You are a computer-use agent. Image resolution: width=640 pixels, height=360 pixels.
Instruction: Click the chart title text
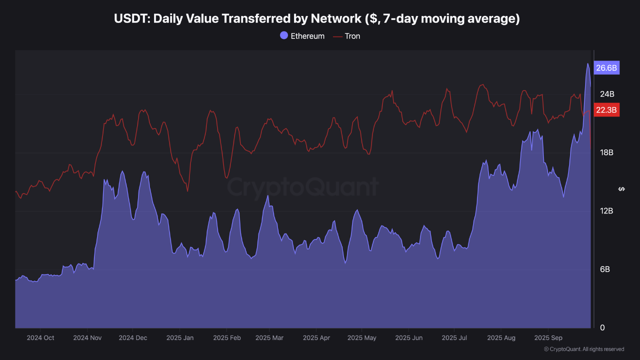pos(317,19)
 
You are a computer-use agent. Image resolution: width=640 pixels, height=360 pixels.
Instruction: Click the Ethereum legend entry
pos(302,36)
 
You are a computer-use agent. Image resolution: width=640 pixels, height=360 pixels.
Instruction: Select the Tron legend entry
pos(346,36)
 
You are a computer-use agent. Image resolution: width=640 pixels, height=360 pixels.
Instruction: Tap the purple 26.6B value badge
pos(606,68)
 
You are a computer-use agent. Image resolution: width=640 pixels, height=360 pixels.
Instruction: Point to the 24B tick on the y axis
pos(607,94)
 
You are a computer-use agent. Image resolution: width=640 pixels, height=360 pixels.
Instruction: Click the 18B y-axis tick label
pos(606,152)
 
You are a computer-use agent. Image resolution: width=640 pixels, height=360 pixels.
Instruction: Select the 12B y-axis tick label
pos(606,211)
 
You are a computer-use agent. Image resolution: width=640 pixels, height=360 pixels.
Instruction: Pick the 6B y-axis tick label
pos(605,269)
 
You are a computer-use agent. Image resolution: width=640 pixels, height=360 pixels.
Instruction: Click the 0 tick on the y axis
pos(602,327)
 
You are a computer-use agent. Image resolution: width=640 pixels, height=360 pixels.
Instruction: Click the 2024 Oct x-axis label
pos(40,338)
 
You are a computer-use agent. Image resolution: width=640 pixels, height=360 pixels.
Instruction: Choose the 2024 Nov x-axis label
pos(87,338)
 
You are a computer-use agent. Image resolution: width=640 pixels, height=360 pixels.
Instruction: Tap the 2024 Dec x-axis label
pos(133,338)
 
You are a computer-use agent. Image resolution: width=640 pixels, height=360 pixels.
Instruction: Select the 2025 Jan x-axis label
pos(180,338)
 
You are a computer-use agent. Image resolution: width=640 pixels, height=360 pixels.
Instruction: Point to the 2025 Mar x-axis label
pos(269,338)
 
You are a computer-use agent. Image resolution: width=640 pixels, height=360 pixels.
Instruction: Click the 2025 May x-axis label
pos(361,338)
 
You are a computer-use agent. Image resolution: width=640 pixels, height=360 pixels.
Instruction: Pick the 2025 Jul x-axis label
pos(454,338)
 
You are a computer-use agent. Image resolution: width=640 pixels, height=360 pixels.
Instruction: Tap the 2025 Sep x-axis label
pos(548,338)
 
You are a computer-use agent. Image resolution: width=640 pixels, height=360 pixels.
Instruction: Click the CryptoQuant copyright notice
pos(583,349)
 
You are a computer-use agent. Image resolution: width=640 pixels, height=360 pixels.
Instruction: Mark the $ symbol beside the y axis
pos(621,189)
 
